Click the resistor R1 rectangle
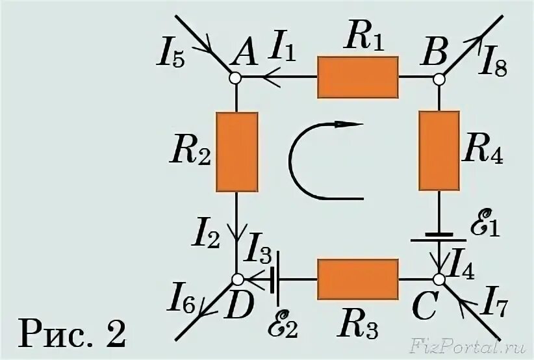tap(357, 77)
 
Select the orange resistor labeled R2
tap(236, 151)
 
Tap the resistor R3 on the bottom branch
tap(357, 279)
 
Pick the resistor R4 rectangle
tap(439, 151)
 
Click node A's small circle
tap(236, 77)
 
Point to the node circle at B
tap(439, 78)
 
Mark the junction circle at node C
tap(439, 279)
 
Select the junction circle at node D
tap(238, 279)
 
